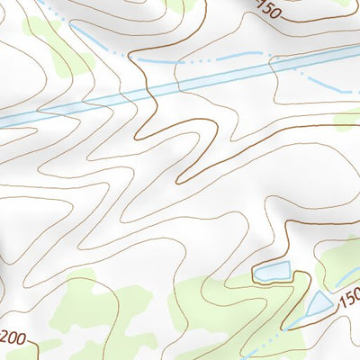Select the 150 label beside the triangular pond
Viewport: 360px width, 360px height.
pos(348,298)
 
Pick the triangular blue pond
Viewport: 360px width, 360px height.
pos(318,304)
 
